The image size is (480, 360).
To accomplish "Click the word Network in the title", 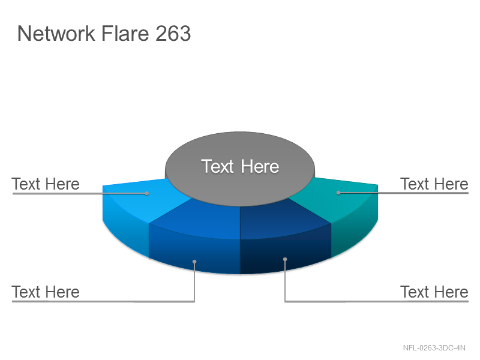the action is [56, 33].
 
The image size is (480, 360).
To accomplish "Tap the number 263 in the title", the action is [173, 33].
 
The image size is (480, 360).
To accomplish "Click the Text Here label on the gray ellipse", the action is [240, 166].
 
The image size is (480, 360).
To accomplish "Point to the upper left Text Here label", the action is [46, 184].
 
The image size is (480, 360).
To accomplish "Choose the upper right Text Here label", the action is [434, 184].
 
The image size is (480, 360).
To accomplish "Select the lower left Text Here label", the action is [46, 292].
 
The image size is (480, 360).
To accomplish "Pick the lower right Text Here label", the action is [434, 292].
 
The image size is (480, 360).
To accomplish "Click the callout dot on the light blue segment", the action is [147, 193].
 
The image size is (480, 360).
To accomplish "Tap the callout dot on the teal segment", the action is [338, 193].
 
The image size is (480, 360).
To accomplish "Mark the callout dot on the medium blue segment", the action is [194, 262].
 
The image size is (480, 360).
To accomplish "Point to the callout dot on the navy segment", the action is [285, 259].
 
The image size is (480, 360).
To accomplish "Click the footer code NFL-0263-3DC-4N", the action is [434, 348].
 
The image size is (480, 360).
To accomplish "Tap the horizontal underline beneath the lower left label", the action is [103, 302].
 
